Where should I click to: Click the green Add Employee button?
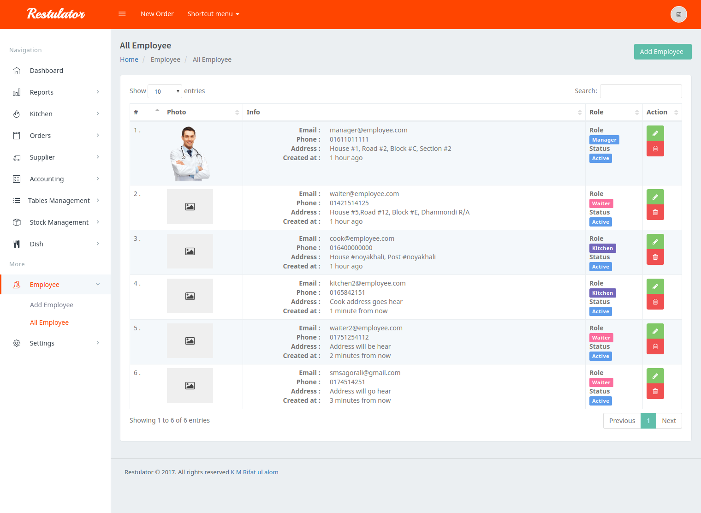[662, 52]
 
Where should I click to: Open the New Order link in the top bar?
[157, 14]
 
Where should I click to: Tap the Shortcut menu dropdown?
[213, 14]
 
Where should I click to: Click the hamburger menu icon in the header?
[122, 14]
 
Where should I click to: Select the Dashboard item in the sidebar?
[47, 71]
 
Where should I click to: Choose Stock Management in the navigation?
[59, 222]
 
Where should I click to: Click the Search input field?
[641, 91]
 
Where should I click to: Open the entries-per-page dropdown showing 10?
[165, 91]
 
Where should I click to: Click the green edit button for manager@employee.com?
[655, 133]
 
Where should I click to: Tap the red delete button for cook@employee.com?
[655, 257]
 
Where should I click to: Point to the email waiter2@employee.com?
[366, 328]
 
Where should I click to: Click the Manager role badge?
[604, 140]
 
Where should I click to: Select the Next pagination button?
[669, 421]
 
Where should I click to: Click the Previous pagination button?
[622, 421]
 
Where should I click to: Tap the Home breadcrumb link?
[129, 60]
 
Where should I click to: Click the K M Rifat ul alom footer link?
[254, 472]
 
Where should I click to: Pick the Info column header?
[253, 112]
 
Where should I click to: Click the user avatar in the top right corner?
[678, 14]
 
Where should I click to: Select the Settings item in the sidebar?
[42, 343]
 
